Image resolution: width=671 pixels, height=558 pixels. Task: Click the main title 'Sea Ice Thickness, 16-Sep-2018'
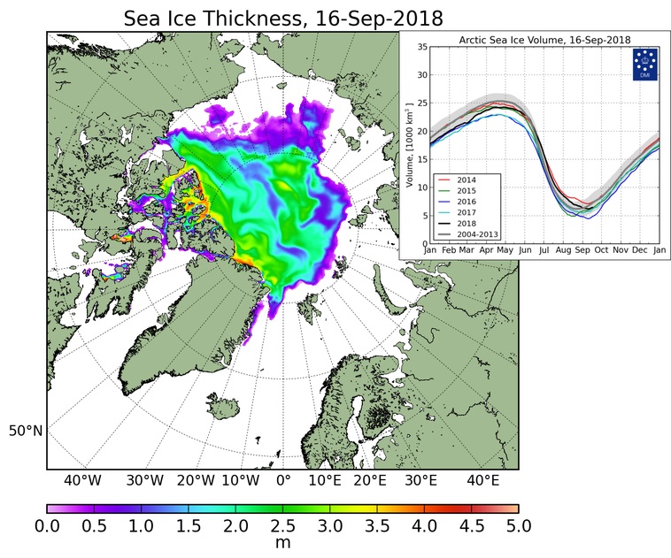click(x=282, y=17)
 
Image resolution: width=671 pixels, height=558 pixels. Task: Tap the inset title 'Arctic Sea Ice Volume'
click(x=531, y=40)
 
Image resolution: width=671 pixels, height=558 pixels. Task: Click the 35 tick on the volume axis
click(x=422, y=47)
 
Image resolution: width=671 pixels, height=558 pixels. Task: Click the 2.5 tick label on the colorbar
click(x=282, y=526)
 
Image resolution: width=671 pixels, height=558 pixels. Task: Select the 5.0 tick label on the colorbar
click(x=518, y=526)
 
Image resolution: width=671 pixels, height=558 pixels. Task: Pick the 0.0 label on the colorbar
click(x=47, y=526)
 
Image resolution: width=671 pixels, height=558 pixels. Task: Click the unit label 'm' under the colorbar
click(x=282, y=543)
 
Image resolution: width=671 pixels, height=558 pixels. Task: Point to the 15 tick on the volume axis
click(x=422, y=159)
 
